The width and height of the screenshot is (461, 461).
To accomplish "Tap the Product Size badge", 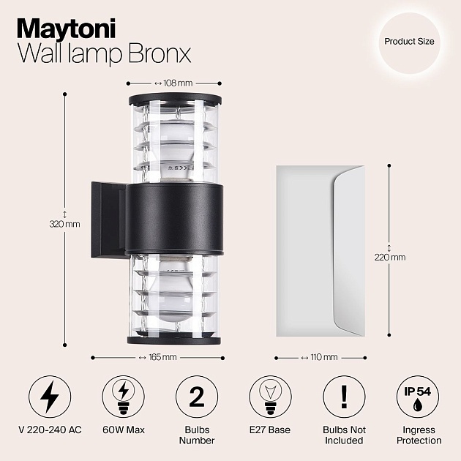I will [409, 42].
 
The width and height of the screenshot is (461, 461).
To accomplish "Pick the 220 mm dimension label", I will [391, 257].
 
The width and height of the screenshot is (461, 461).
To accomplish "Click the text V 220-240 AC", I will [50, 430].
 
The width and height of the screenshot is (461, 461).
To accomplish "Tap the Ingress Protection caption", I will [419, 435].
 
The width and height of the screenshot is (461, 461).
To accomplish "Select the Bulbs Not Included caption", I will [344, 435].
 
